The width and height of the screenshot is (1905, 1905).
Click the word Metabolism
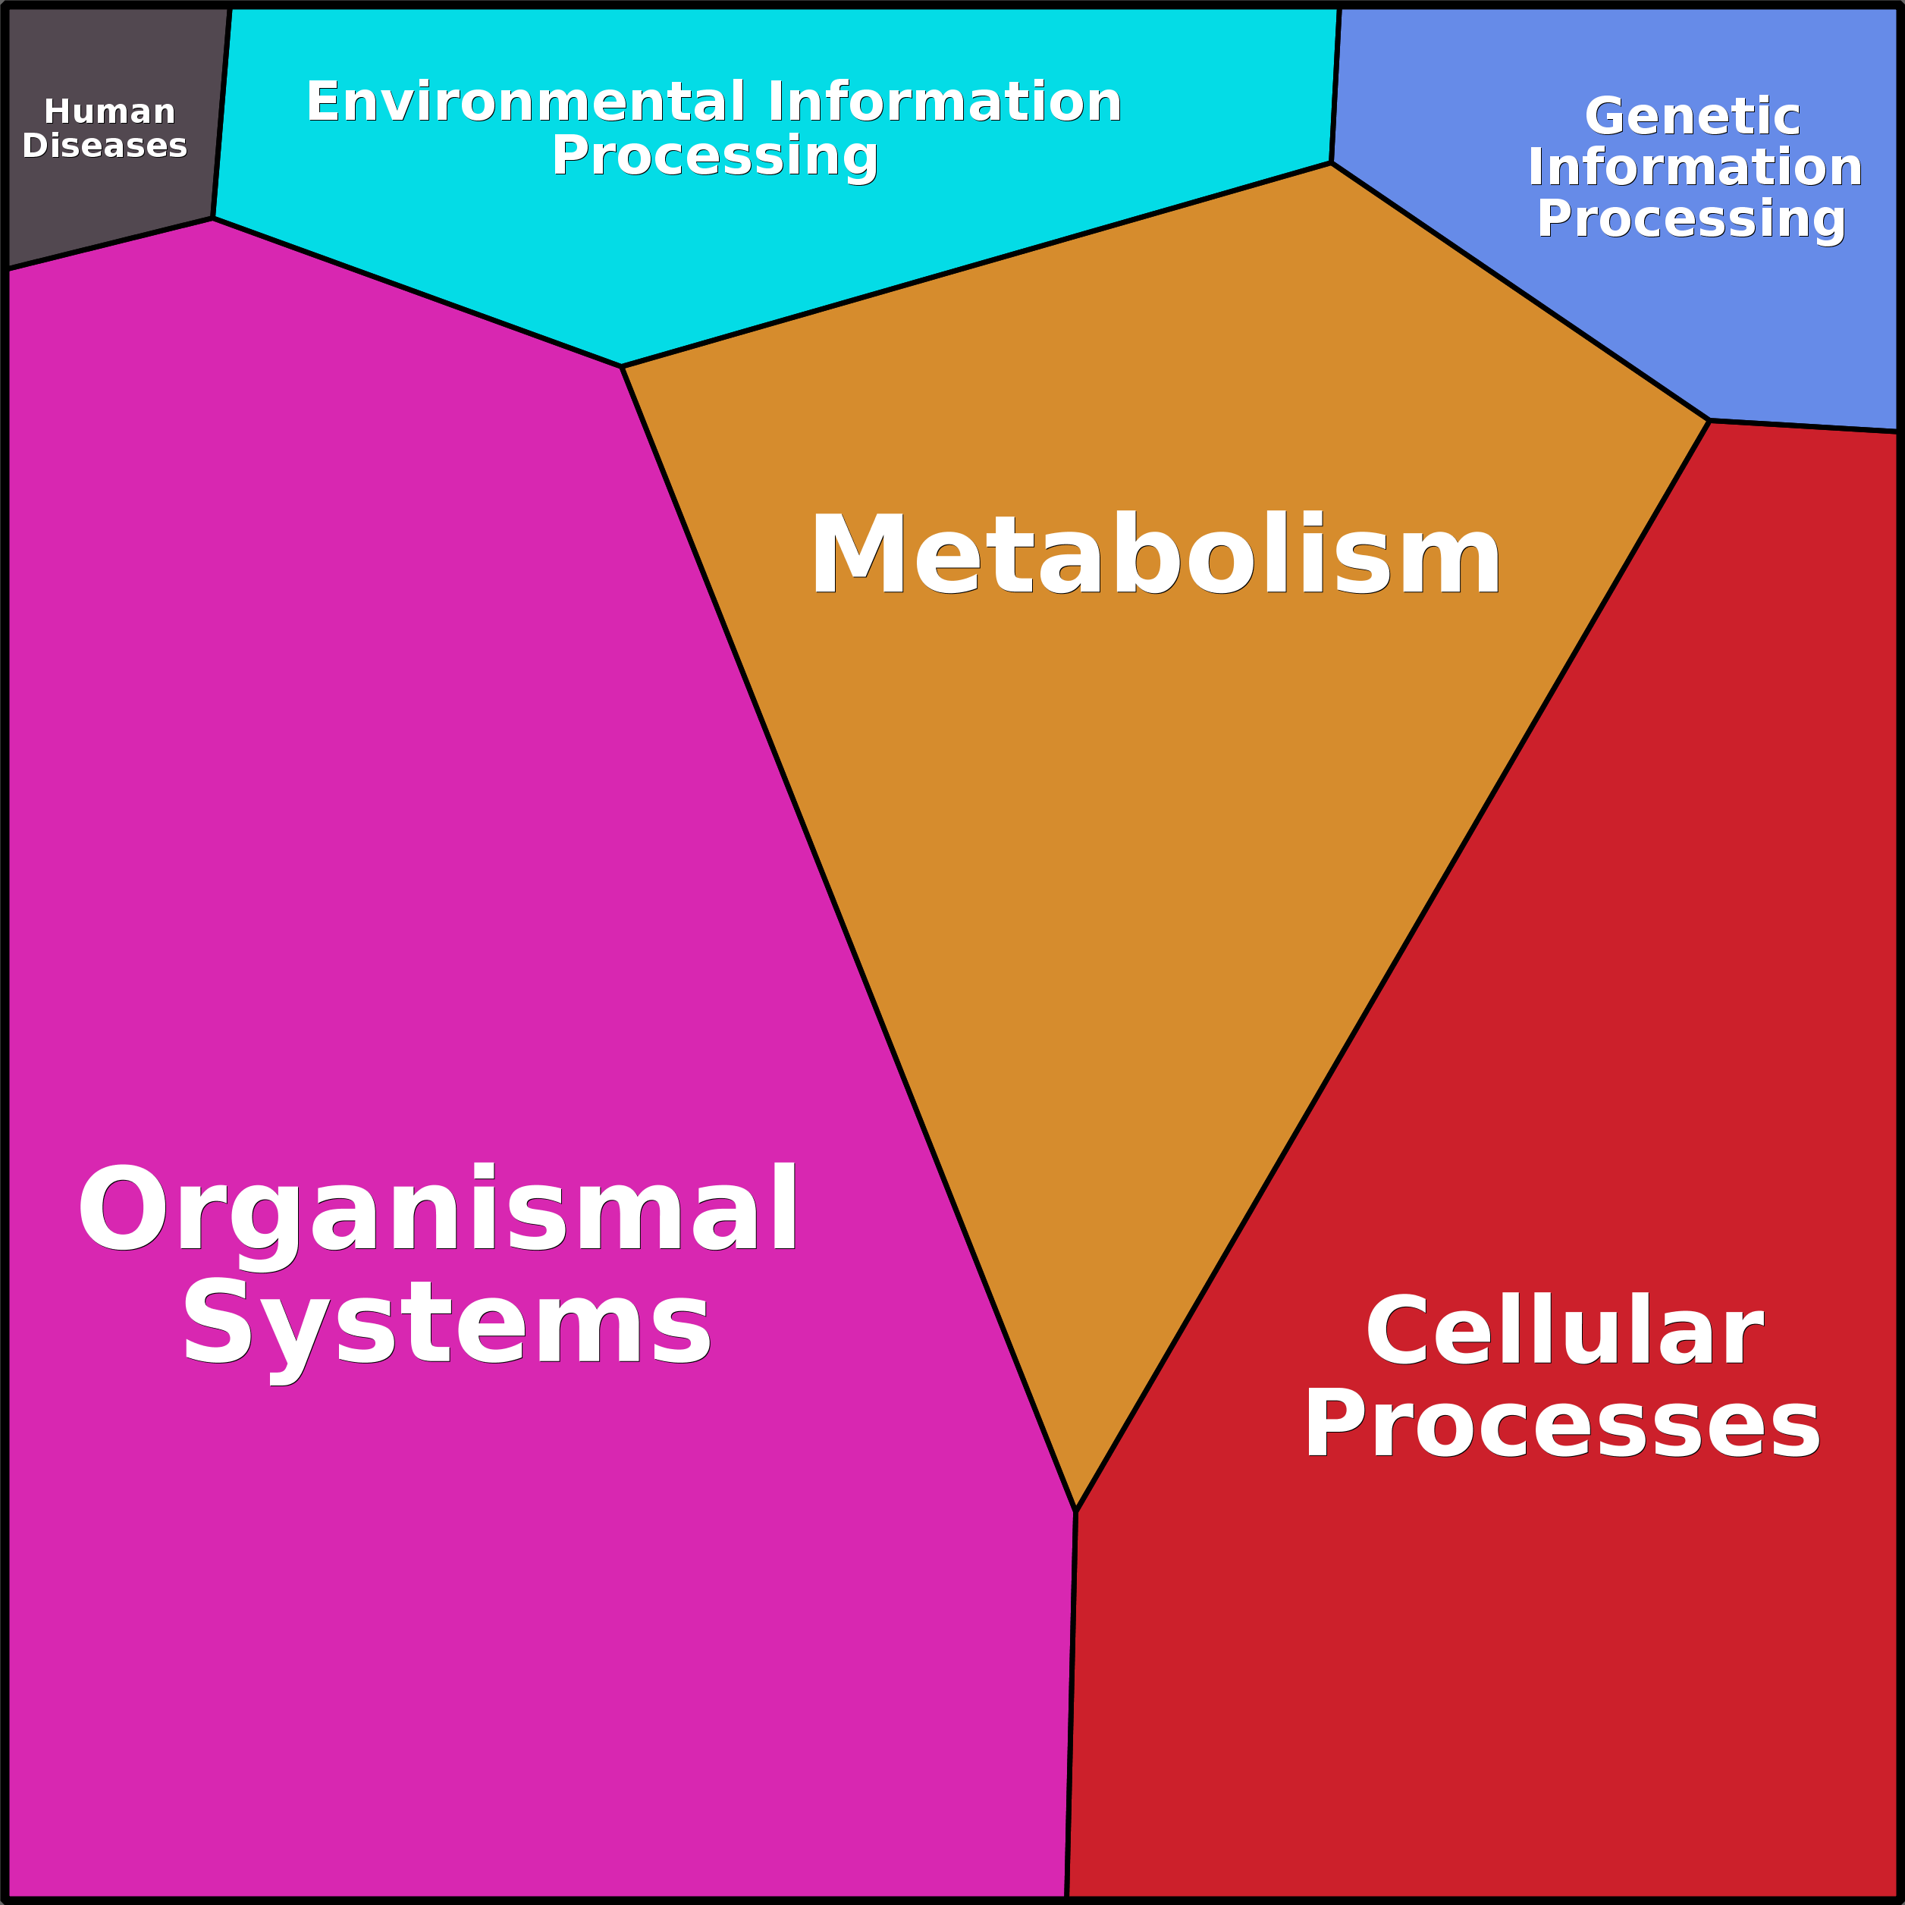tap(1155, 554)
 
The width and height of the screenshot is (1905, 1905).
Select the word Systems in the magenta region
tap(446, 1323)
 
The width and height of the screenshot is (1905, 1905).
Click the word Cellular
tap(1564, 1331)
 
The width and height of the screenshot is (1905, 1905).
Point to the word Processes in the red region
tap(1562, 1423)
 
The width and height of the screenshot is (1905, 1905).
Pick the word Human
tap(109, 111)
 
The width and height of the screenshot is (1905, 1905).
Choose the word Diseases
tap(105, 145)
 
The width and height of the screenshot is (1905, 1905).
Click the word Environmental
tap(526, 102)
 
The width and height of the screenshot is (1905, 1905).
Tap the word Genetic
tap(1692, 116)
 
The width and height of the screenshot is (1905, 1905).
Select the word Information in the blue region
tap(1695, 167)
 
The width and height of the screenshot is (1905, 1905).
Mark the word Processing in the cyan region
tap(714, 155)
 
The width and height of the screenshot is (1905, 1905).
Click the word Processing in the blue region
tap(1691, 219)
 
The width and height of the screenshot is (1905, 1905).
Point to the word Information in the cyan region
tap(945, 102)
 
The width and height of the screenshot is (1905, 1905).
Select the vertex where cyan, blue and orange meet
tap(1331, 164)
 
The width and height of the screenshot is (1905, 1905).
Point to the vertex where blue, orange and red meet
tap(1709, 421)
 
